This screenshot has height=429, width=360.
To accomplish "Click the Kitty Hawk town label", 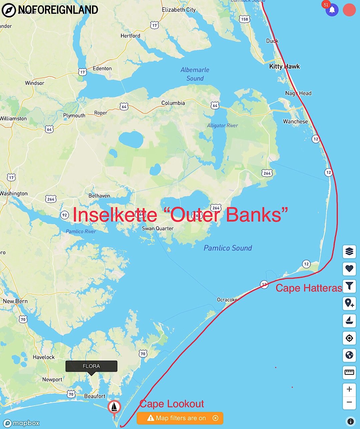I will (x=284, y=66).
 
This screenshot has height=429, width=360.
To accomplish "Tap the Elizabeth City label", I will (x=179, y=10).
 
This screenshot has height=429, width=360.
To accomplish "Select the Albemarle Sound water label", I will (x=195, y=74).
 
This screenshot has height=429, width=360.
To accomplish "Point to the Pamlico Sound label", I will (x=228, y=248).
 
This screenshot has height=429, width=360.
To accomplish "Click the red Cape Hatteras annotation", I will (x=309, y=288).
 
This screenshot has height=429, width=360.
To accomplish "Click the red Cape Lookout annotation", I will (x=172, y=404).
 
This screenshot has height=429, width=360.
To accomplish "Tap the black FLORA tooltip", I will (x=91, y=366).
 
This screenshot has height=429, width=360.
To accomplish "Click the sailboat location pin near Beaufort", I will (x=114, y=407).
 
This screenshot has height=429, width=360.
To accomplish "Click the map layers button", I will (x=349, y=251).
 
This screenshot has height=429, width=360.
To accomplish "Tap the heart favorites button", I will (x=349, y=269).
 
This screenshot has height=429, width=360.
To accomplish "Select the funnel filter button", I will (x=349, y=286).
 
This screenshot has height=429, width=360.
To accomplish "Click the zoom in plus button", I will (x=349, y=389).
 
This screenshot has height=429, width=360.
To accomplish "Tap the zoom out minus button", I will (x=349, y=402).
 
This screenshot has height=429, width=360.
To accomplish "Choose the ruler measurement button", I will (x=349, y=372).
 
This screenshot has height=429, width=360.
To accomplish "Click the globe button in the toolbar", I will (x=349, y=355).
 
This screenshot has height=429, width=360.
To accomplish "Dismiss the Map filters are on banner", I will (x=215, y=418).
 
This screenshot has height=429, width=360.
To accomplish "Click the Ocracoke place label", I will (x=227, y=300).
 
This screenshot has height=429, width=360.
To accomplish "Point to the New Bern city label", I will (x=15, y=301).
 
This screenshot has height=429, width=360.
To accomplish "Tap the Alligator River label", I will (x=222, y=126).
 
